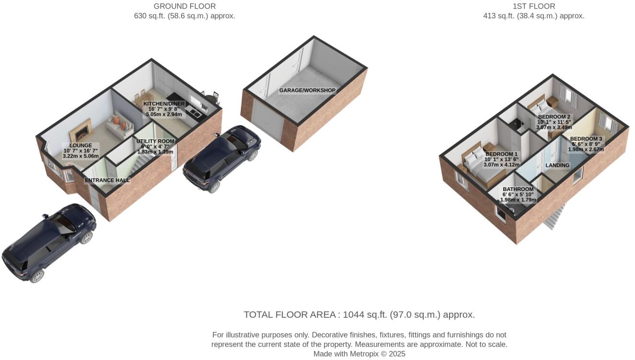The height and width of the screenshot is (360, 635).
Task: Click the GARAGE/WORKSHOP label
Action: [307, 90]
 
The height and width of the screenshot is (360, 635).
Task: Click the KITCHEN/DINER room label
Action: [164, 104]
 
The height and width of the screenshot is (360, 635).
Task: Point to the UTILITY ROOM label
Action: [155, 141]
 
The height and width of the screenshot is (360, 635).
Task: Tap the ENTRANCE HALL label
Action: [107, 180]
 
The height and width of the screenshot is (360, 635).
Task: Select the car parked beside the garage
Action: [222, 158]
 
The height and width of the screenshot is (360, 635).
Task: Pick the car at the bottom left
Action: [48, 243]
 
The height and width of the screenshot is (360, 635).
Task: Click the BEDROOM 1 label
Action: [501, 154]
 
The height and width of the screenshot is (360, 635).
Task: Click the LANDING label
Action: [557, 165]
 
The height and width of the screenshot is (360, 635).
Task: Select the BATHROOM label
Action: [518, 189]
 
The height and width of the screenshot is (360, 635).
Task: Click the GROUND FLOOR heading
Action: [184, 6]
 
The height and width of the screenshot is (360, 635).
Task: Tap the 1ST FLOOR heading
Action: [533, 6]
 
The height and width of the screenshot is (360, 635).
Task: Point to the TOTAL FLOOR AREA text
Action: [359, 315]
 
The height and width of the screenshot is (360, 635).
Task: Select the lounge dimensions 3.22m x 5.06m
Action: [81, 156]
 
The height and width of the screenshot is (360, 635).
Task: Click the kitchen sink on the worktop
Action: [195, 112]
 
